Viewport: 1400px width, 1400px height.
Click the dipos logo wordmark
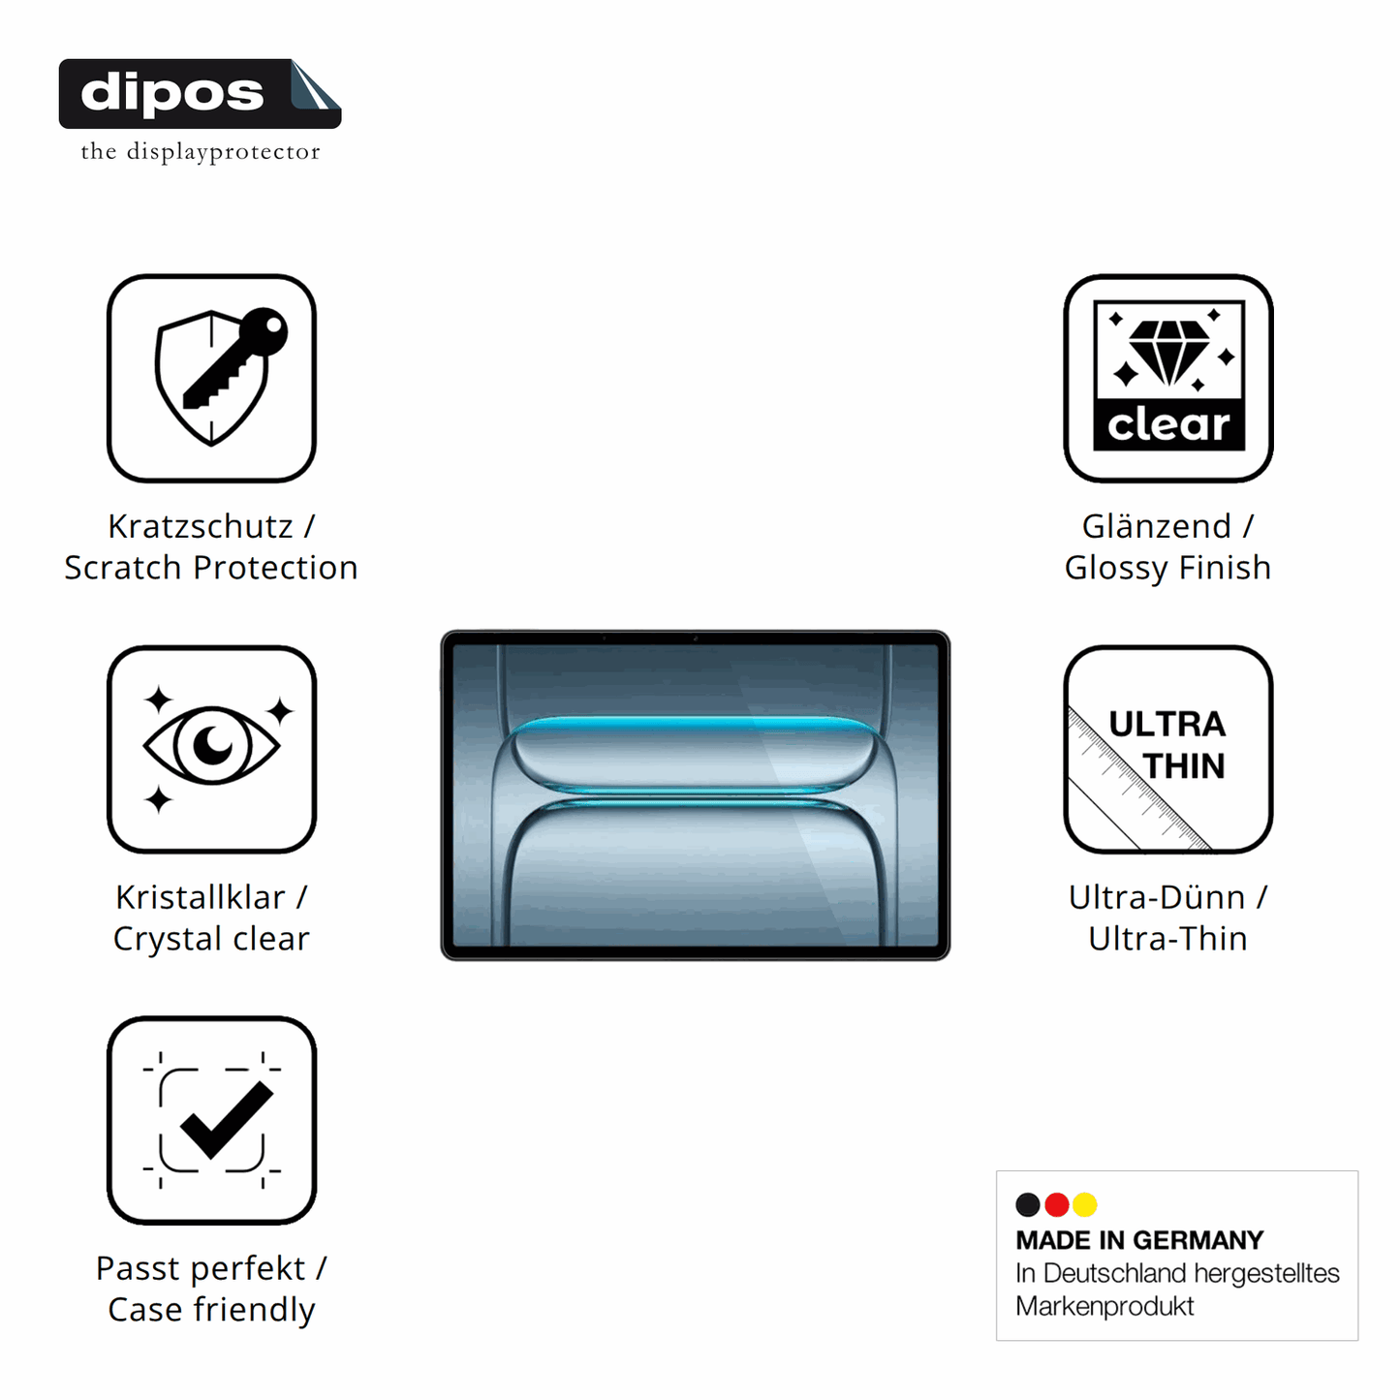click(x=172, y=93)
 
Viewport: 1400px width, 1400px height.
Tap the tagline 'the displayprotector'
click(x=200, y=152)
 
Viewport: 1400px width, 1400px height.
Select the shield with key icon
click(x=220, y=376)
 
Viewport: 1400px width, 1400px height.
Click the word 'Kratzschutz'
click(x=200, y=526)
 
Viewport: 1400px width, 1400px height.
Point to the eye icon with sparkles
click(x=212, y=747)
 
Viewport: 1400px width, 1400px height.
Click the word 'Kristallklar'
click(x=200, y=897)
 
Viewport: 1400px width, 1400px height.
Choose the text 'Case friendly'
click(x=211, y=1310)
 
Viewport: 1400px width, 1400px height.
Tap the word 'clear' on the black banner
click(x=1168, y=424)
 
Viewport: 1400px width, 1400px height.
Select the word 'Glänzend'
click(x=1156, y=526)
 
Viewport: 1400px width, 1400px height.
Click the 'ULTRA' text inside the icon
click(x=1167, y=725)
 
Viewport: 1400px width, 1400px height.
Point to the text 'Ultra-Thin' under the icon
click(x=1167, y=939)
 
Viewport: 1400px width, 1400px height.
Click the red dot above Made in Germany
click(x=1056, y=1204)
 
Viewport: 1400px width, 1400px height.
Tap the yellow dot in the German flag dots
click(x=1085, y=1204)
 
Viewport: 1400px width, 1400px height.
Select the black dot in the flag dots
click(x=1028, y=1204)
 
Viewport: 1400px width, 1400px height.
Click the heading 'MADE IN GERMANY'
click(x=1139, y=1240)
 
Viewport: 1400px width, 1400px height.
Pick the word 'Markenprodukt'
click(x=1104, y=1306)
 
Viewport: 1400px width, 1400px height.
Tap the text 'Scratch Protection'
click(x=211, y=568)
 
